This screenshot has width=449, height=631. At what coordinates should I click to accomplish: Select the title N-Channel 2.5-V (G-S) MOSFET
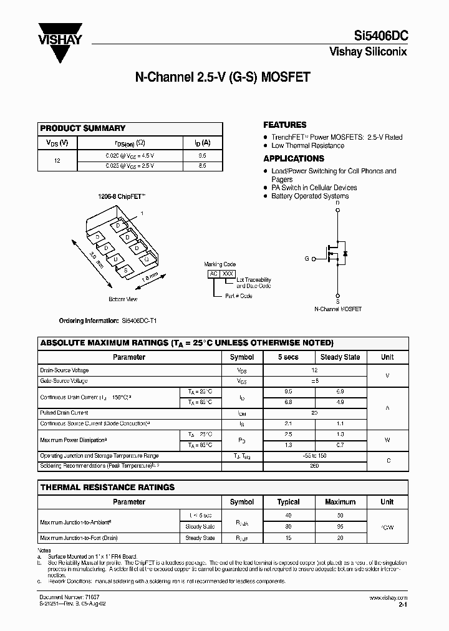223,78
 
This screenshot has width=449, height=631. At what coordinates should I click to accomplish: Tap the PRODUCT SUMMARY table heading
83,128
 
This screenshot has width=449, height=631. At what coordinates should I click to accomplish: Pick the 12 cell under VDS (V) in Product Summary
57,160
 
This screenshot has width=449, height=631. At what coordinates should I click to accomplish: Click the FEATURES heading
284,125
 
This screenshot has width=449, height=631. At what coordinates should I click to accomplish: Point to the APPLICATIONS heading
293,158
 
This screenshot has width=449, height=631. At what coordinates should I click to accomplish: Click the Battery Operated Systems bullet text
310,196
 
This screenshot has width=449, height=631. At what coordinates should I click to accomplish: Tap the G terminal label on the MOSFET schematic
307,258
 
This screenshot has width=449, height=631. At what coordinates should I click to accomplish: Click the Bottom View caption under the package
123,299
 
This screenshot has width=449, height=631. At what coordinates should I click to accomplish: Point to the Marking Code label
220,264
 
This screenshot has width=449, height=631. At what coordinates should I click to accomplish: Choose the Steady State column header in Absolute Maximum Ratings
339,357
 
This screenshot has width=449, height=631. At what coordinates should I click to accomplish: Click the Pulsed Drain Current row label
64,413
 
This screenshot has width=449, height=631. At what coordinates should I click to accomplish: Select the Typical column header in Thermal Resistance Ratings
288,502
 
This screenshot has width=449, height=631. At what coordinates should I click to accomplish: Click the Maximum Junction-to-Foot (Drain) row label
79,537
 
